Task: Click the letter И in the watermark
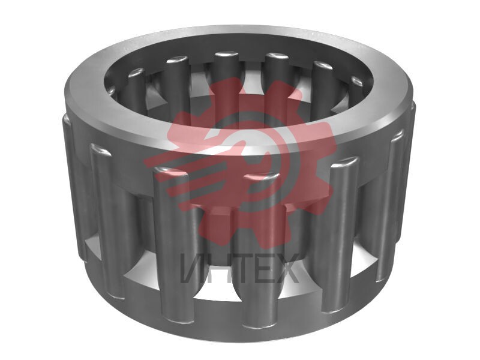[193, 268]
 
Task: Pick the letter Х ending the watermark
[286, 268]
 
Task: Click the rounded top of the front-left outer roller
[170, 172]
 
